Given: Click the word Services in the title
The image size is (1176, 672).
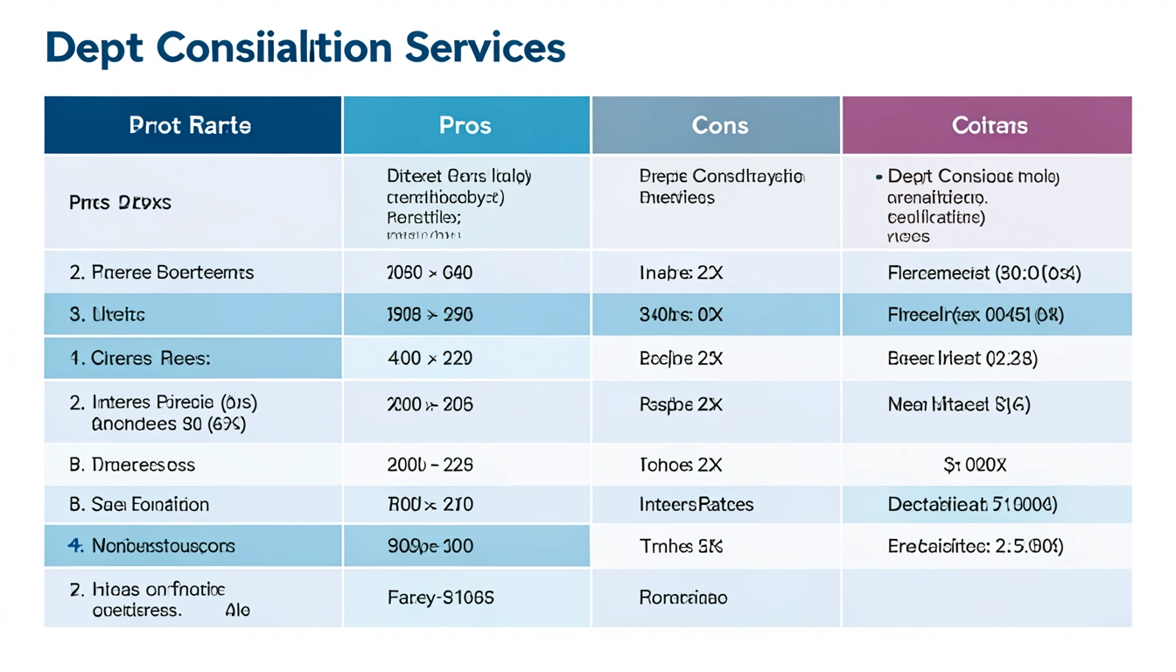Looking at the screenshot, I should pyautogui.click(x=485, y=47).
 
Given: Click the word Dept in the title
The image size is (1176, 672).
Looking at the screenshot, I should pyautogui.click(x=95, y=47).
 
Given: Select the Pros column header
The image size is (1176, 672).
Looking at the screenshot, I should pyautogui.click(x=465, y=125).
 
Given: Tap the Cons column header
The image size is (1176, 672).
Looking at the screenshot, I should pyautogui.click(x=719, y=125).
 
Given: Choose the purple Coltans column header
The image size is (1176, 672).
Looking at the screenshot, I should pyautogui.click(x=989, y=125).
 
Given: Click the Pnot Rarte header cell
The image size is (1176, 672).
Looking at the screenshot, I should pyautogui.click(x=190, y=125).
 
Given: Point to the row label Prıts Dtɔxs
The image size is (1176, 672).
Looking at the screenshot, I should pyautogui.click(x=120, y=202).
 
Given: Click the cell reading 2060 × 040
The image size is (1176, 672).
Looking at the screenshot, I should pyautogui.click(x=429, y=272).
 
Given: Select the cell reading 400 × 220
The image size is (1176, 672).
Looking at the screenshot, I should pyautogui.click(x=429, y=358).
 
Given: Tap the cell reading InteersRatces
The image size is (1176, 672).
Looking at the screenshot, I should pyautogui.click(x=696, y=504).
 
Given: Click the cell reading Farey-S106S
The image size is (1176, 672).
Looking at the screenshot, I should pyautogui.click(x=440, y=598).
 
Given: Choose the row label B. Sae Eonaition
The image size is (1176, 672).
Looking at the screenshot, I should pyautogui.click(x=139, y=504).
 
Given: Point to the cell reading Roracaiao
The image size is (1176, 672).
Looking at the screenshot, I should pyautogui.click(x=683, y=598).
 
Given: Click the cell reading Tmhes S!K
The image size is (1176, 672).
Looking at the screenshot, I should pyautogui.click(x=681, y=546).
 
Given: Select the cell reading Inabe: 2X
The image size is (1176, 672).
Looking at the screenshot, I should pyautogui.click(x=681, y=272).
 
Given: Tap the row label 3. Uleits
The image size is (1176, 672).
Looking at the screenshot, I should pyautogui.click(x=107, y=314).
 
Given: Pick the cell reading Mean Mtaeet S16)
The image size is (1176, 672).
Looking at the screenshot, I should pyautogui.click(x=959, y=404).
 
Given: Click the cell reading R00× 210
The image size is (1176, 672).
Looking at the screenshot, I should pyautogui.click(x=430, y=504).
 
